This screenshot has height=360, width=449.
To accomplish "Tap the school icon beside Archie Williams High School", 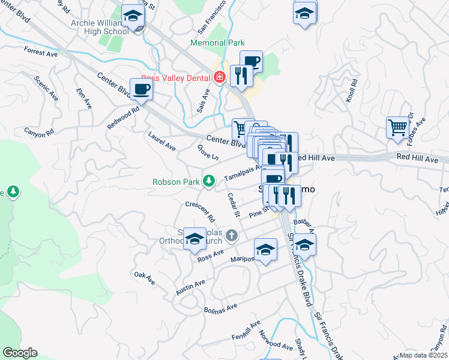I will point(133,16).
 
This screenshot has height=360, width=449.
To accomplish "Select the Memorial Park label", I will point(217,43).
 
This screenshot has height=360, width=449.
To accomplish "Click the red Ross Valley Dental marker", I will point(220,77).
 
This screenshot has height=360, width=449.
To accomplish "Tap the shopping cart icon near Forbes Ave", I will point(397,128).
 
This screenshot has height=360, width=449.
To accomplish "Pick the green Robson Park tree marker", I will point(209,181).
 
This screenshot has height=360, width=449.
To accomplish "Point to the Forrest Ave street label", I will point(41,53).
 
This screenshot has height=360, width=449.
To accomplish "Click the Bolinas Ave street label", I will point(220,306).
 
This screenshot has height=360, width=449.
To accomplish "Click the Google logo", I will point(20,353).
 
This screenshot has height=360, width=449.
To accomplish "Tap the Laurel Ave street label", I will point(161,142).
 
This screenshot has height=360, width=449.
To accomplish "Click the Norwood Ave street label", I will point(276,340).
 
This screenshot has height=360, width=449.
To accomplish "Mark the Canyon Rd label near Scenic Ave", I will point(39,132).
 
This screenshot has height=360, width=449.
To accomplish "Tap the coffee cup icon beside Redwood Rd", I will point(142,90).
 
